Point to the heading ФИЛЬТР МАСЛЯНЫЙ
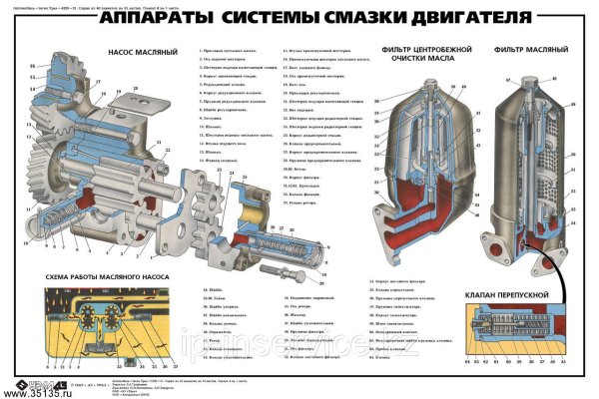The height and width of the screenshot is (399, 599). point(518,49)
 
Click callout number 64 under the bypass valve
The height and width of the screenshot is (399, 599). point(468,363)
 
